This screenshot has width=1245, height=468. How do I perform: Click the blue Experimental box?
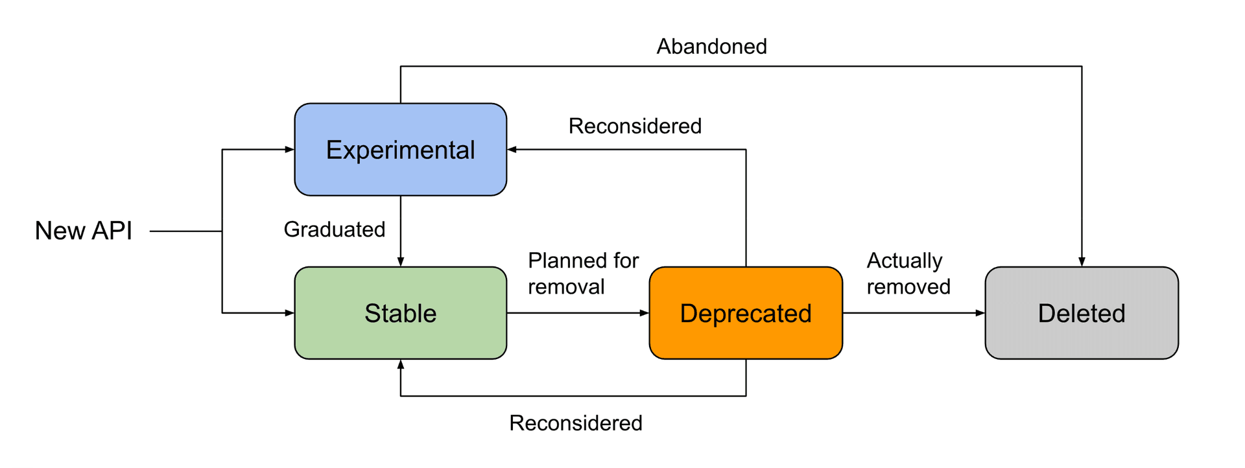pos(400,150)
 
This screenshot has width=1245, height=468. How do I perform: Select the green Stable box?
pos(400,313)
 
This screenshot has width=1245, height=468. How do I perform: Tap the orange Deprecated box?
pos(746,313)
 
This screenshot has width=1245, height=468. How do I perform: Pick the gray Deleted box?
pos(1082,313)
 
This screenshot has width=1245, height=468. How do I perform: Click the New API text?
pos(84,231)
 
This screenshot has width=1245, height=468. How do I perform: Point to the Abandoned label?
pos(711,47)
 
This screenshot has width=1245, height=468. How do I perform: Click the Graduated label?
pos(335,229)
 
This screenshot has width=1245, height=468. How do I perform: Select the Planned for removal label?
pos(583,274)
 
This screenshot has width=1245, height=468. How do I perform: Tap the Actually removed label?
pos(908,274)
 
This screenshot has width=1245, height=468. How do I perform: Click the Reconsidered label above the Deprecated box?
pos(635,126)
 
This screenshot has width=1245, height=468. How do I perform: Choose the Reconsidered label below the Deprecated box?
pos(576,423)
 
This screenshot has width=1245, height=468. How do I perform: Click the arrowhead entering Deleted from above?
pos(1082,262)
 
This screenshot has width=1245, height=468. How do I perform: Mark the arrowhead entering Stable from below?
pos(401,364)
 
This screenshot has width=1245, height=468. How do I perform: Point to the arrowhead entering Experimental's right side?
pos(512,150)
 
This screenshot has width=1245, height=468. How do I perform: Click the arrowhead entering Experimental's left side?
pos(290,150)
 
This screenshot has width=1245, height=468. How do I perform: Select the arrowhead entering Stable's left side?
pos(290,313)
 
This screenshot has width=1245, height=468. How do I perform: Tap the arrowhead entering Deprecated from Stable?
pos(645,313)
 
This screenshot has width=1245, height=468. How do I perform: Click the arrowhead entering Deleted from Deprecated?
pos(980,313)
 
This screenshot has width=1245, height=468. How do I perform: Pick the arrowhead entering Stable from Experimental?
pos(401,262)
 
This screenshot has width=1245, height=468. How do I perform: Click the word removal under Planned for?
pos(566,287)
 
